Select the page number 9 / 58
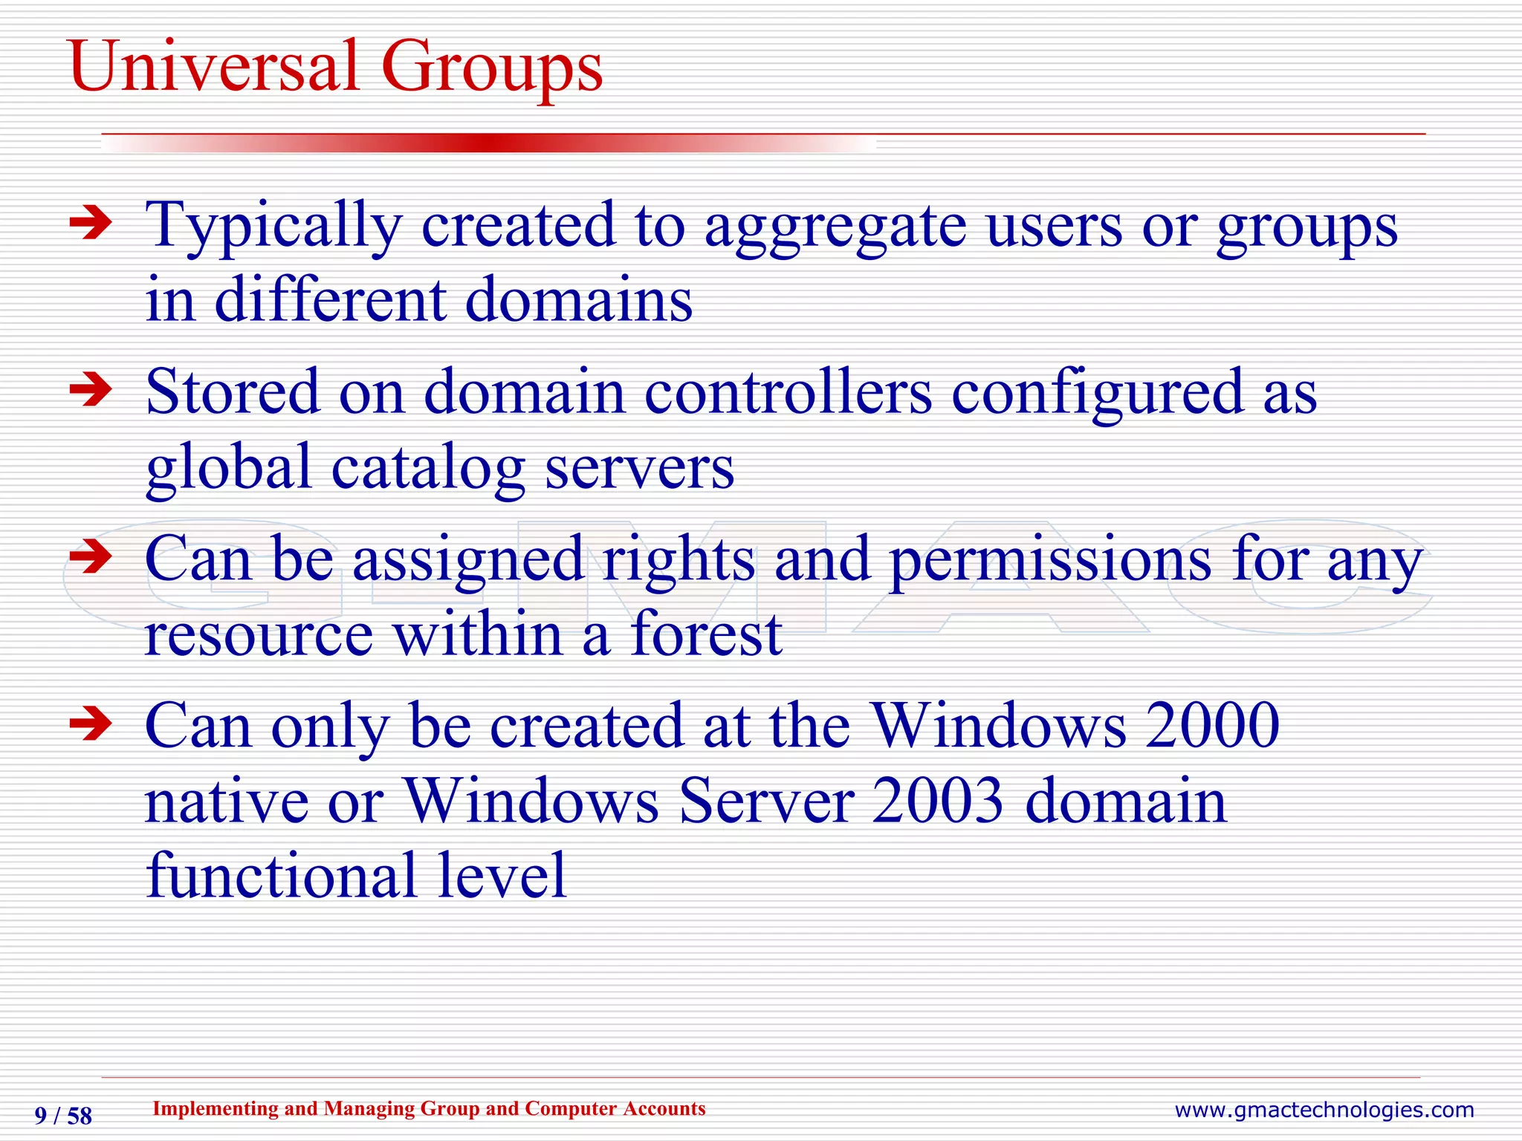[63, 1116]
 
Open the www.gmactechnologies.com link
[1324, 1110]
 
